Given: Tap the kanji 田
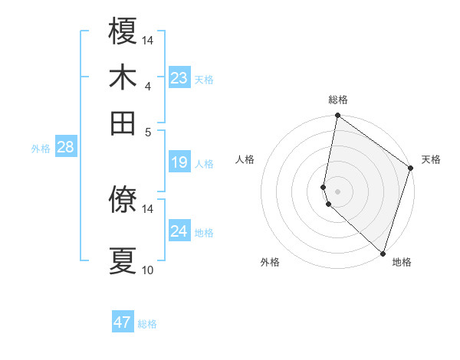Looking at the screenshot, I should coord(123,123).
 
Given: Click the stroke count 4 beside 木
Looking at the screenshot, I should coord(147,86).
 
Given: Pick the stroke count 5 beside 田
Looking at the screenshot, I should coord(147,131).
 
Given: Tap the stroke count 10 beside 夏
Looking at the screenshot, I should coord(147,270).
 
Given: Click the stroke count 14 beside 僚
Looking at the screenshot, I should coord(147,208).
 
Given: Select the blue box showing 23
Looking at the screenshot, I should coord(179,78).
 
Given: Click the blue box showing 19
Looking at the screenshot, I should coord(179,162).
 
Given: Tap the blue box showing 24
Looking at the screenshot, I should coord(179,231).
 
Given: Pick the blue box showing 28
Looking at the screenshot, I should coord(65,148).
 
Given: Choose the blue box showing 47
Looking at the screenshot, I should coord(123,322).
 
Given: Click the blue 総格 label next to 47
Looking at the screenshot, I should coord(147,324).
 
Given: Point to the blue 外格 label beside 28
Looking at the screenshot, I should coord(41,149).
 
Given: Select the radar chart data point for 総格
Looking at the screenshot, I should coord(337,116).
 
